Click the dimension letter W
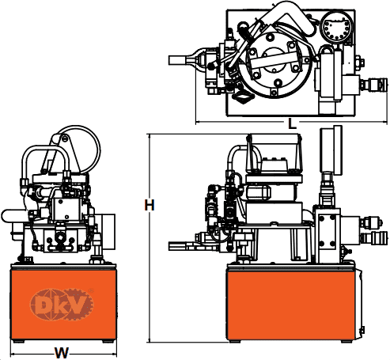tap(61, 353)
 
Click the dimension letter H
tap(150, 205)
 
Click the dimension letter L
tap(292, 123)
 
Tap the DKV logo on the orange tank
tap(62, 305)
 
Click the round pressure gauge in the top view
tap(337, 27)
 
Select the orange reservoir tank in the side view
tap(291, 305)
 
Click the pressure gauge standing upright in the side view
tap(331, 150)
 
